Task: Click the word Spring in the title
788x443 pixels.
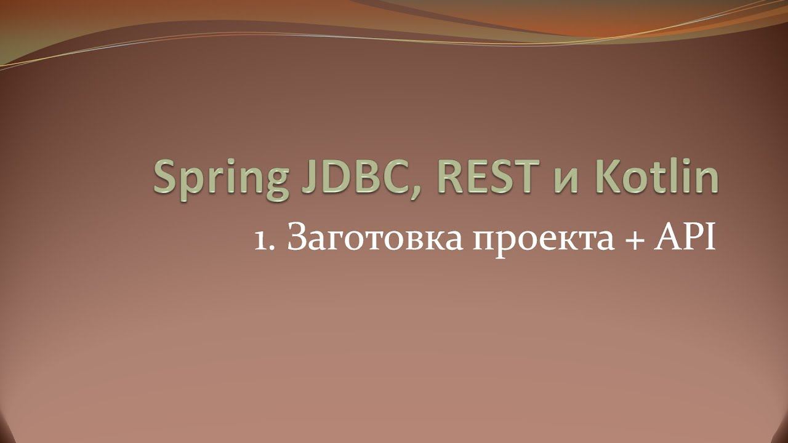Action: pos(220,179)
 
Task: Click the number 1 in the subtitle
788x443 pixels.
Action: pos(261,239)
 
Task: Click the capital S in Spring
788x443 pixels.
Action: pos(167,177)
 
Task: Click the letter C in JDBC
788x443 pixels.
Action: pos(395,177)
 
